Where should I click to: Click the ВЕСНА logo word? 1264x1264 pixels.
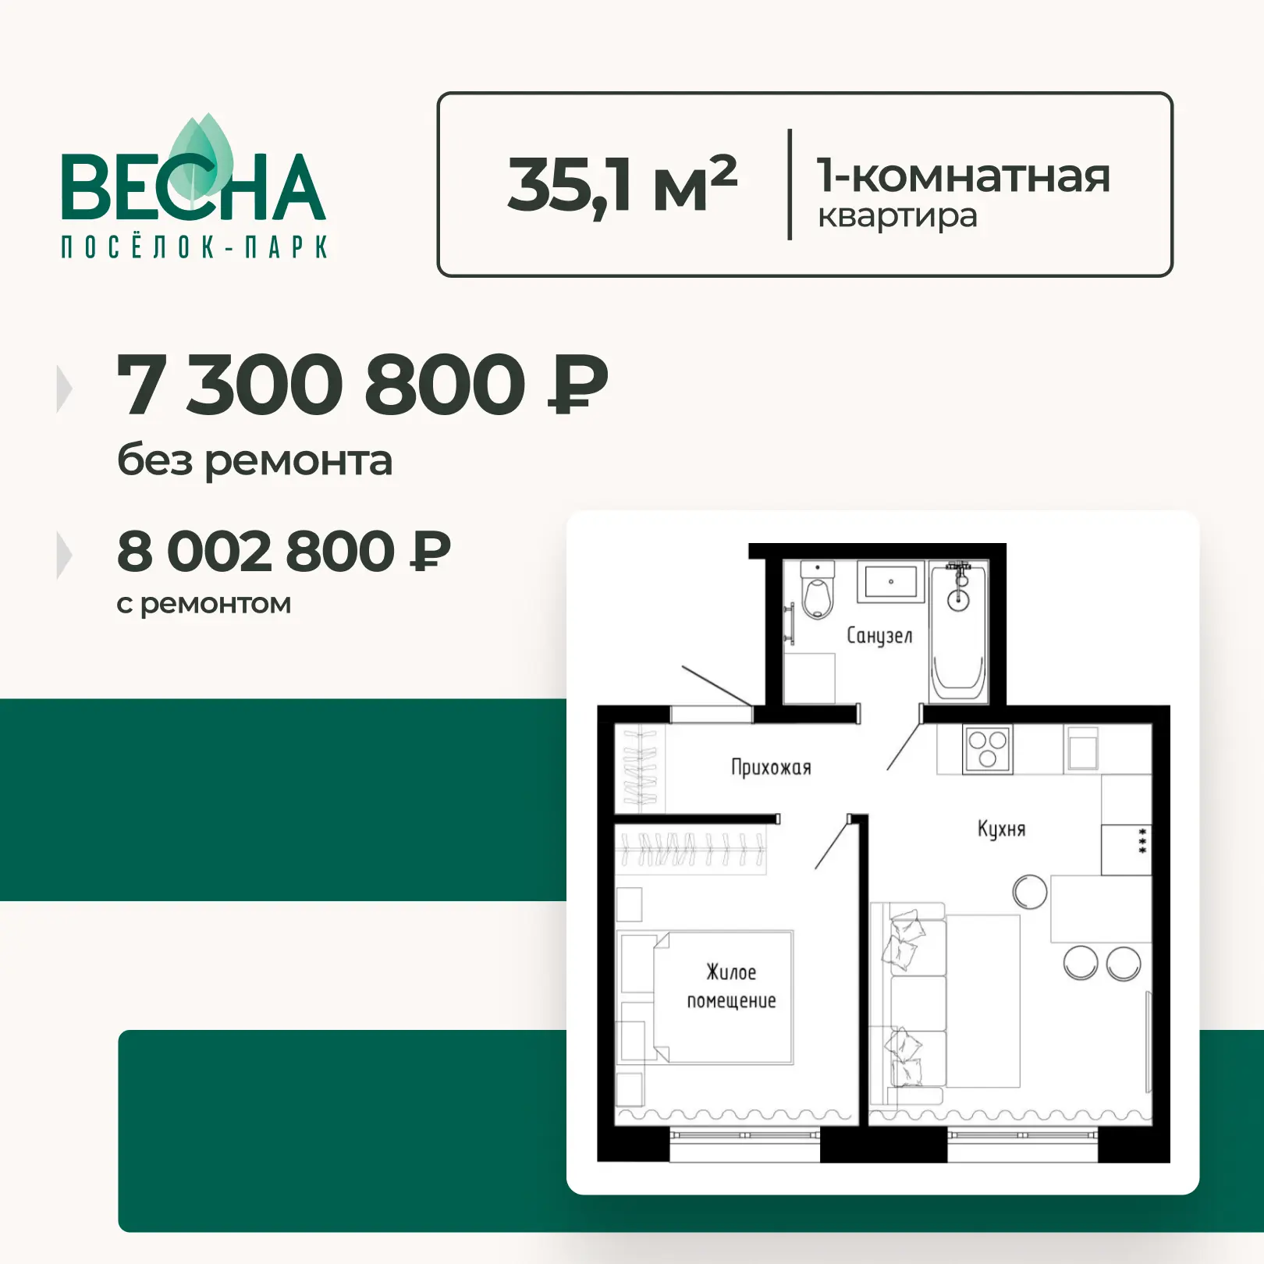click(193, 186)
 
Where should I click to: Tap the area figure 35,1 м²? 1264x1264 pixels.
click(622, 184)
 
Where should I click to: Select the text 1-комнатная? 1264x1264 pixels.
click(963, 176)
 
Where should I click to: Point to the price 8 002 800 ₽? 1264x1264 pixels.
click(284, 551)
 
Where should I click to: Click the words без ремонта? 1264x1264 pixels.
click(254, 460)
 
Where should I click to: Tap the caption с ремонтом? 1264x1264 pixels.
click(204, 604)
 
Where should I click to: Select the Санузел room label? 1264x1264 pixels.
click(879, 636)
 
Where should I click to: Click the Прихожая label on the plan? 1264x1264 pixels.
click(771, 768)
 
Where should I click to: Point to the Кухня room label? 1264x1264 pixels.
click(1002, 829)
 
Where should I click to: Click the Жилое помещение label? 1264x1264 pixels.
click(731, 987)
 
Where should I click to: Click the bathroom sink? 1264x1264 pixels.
click(891, 582)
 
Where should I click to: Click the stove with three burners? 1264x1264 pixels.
click(987, 750)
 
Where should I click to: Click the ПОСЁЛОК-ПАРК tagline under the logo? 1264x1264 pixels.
click(194, 247)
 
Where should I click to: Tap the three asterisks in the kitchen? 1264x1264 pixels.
click(1142, 840)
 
